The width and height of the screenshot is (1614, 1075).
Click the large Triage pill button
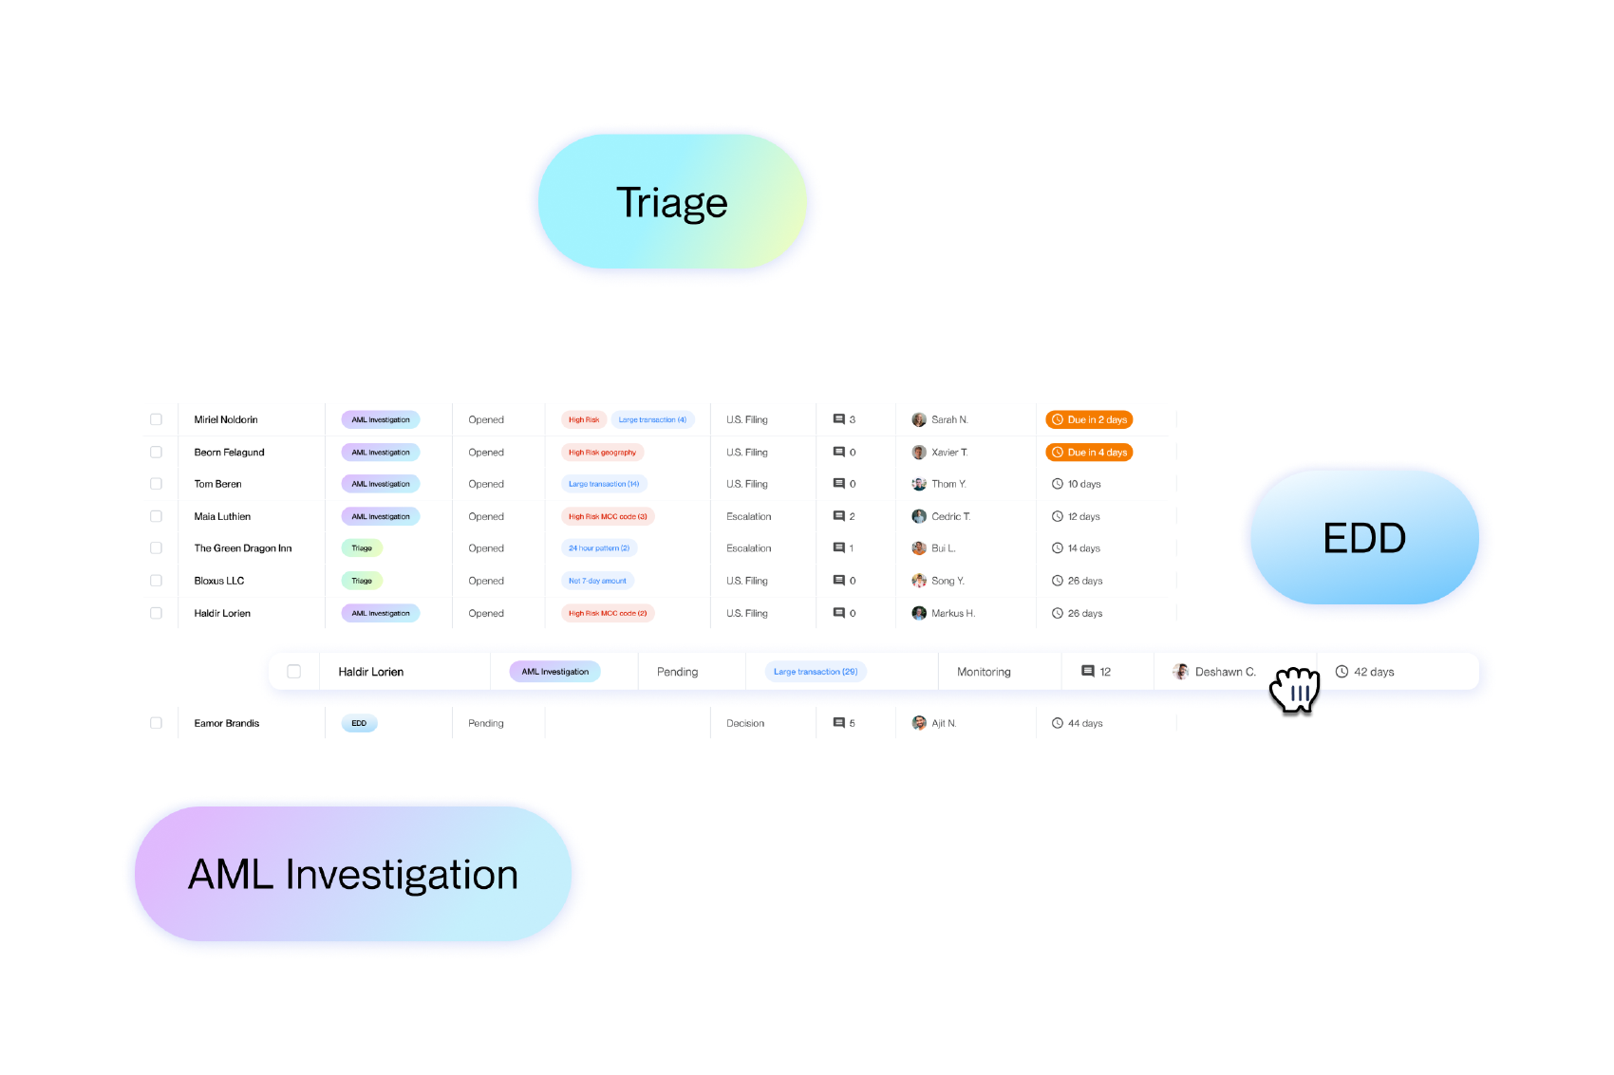click(x=672, y=203)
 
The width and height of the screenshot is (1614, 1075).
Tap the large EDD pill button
click(x=1364, y=538)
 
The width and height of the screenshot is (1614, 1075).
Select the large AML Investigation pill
click(x=353, y=874)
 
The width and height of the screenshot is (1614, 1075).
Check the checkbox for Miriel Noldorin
click(x=156, y=419)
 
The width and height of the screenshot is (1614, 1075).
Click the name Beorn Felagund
click(x=229, y=453)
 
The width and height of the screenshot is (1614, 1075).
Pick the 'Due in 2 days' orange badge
click(x=1089, y=419)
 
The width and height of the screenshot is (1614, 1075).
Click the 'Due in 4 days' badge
click(x=1089, y=453)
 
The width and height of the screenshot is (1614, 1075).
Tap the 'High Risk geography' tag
click(x=602, y=453)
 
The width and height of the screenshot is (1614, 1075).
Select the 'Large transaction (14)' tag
click(x=604, y=484)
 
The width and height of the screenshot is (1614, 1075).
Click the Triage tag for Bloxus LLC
click(x=362, y=581)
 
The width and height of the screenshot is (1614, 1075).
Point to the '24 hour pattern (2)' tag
click(x=598, y=548)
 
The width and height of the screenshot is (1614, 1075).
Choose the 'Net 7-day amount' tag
click(x=597, y=581)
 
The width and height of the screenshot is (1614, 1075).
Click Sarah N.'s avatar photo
click(x=919, y=419)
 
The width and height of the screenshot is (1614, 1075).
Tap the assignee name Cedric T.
click(x=950, y=517)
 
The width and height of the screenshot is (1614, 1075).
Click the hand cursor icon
click(x=1295, y=690)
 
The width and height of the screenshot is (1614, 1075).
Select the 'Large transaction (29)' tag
click(x=815, y=672)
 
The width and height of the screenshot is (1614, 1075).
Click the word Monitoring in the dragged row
click(x=984, y=672)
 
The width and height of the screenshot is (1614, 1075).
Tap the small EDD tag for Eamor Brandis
click(x=359, y=723)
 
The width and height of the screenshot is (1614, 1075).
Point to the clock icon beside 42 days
click(x=1342, y=672)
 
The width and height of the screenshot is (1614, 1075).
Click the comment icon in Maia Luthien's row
click(x=838, y=517)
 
